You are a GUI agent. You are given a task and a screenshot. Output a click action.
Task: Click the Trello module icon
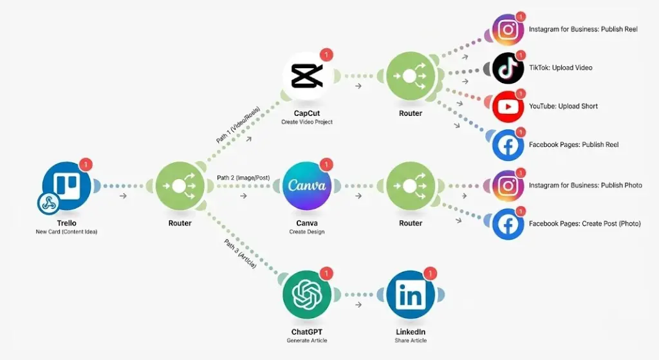(66, 185)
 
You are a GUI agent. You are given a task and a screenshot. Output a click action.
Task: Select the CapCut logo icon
(307, 76)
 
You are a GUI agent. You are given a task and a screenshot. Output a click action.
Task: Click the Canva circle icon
(307, 185)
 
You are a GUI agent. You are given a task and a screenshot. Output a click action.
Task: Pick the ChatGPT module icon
(307, 296)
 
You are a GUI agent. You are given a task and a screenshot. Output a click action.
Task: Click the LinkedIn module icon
(410, 296)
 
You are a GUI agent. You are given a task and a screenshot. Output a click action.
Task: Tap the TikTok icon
(508, 68)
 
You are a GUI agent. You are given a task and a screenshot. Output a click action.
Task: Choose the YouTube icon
(508, 106)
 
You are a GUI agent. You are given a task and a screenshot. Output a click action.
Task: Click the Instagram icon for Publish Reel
(508, 30)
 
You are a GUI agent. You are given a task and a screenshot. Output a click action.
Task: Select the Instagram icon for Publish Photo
(508, 185)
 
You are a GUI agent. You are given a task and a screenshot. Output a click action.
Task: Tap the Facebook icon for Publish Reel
(508, 145)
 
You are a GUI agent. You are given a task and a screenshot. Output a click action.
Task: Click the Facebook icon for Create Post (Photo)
(508, 224)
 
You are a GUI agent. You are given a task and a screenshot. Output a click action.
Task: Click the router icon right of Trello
(180, 185)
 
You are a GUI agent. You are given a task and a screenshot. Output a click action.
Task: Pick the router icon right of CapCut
(410, 76)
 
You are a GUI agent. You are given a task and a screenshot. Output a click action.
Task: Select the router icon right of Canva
(410, 185)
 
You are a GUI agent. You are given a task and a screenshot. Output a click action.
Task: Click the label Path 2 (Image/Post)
(243, 178)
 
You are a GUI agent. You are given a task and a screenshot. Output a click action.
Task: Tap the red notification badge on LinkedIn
(431, 274)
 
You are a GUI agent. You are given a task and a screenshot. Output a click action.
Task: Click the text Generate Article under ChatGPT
(306, 341)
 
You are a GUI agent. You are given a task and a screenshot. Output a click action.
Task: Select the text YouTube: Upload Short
(563, 106)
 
